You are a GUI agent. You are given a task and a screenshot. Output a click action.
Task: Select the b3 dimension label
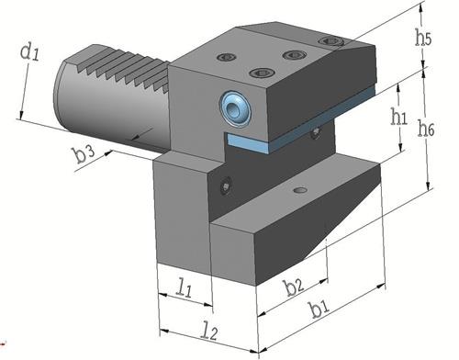[84, 154]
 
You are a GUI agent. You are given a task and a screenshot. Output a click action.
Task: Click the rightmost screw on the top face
[331, 41]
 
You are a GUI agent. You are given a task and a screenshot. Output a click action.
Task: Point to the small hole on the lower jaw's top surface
[297, 190]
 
